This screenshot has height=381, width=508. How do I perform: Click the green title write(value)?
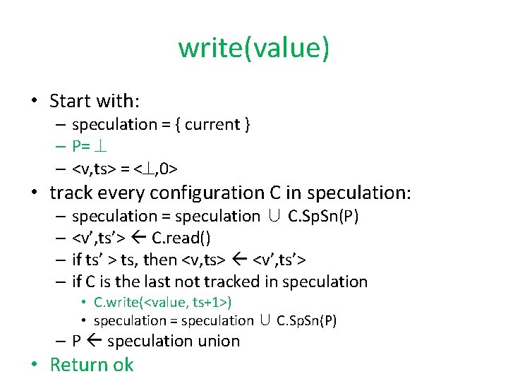pos(253,48)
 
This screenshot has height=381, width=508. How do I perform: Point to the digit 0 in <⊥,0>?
pos(164,169)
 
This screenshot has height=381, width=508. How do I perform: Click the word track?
pos(73,193)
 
